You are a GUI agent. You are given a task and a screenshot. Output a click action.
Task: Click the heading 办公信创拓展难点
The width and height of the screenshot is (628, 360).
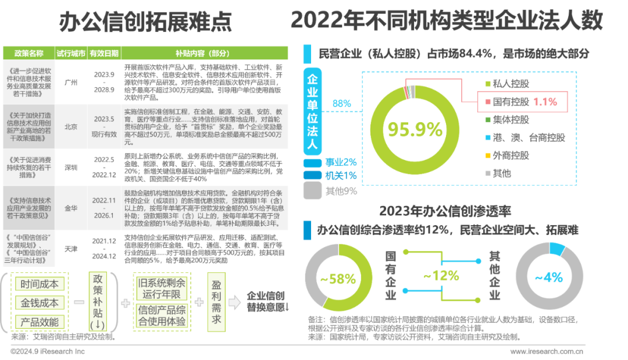coord(145,22)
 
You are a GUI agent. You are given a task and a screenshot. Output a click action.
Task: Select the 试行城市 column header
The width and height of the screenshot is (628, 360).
coord(71,52)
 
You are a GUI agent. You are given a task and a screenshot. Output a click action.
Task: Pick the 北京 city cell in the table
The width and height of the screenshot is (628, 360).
coord(71,126)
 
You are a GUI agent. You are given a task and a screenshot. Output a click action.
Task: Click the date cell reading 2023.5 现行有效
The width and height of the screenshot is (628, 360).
coord(105,126)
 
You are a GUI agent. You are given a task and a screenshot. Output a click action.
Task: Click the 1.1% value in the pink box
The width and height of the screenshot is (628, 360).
coord(544,101)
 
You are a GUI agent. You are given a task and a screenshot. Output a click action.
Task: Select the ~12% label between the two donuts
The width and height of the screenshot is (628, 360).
coord(441,276)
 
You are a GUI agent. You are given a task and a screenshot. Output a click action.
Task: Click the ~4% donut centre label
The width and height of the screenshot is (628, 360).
coord(548,277)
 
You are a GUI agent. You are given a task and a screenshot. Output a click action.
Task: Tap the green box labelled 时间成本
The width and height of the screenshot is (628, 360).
coord(40,284)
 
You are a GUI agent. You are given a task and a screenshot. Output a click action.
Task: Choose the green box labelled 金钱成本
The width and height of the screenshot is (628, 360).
coord(40,302)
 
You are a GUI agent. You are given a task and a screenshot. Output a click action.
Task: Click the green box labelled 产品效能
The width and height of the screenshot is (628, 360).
coord(40,321)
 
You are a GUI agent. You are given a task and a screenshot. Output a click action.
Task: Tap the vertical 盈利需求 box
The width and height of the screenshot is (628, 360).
coord(215,302)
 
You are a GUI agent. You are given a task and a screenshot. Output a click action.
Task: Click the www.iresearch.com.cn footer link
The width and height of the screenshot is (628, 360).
coord(547,351)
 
